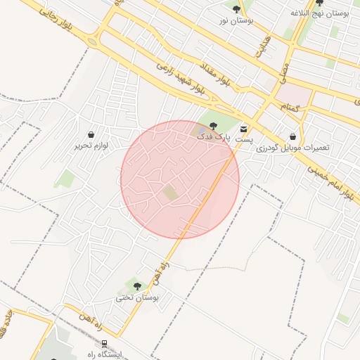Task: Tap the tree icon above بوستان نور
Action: coord(236,8)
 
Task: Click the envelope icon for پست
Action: coord(243,129)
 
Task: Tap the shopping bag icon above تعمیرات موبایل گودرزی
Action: coord(292,137)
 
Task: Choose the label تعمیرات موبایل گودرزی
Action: coord(292,148)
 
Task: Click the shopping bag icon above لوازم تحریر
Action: coord(91,134)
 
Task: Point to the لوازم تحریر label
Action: coord(89,146)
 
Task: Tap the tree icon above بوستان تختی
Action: coord(137,285)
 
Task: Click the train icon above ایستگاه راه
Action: coord(104,344)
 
